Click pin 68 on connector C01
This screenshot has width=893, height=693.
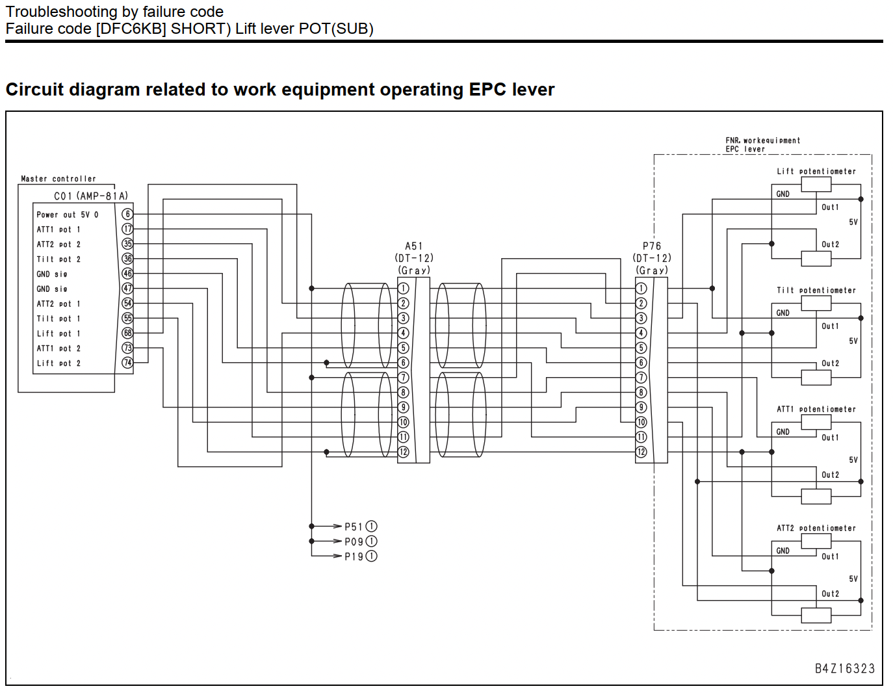pyautogui.click(x=127, y=333)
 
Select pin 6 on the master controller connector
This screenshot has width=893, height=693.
pyautogui.click(x=127, y=214)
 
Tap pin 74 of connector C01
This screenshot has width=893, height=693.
pyautogui.click(x=127, y=363)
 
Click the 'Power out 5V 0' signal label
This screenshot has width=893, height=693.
pyautogui.click(x=68, y=215)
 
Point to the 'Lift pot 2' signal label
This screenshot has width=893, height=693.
pyautogui.click(x=58, y=363)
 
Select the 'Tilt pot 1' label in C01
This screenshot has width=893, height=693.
pyautogui.click(x=58, y=319)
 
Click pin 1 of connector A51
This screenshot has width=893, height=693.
pyautogui.click(x=403, y=289)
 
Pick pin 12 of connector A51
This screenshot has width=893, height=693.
pyautogui.click(x=403, y=452)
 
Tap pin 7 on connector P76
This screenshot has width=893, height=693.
pyautogui.click(x=641, y=377)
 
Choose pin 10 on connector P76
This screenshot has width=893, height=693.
pyautogui.click(x=641, y=422)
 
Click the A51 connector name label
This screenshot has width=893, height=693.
pyautogui.click(x=414, y=246)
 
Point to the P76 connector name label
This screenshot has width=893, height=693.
pyautogui.click(x=652, y=246)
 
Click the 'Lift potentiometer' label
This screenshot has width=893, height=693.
pyautogui.click(x=816, y=172)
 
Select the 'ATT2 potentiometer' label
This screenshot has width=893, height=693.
pyautogui.click(x=816, y=528)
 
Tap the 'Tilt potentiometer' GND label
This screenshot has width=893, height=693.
pyautogui.click(x=783, y=313)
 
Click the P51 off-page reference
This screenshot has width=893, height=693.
pyautogui.click(x=361, y=527)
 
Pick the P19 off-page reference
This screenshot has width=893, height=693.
pyautogui.click(x=361, y=556)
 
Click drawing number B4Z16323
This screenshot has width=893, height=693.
pyautogui.click(x=845, y=669)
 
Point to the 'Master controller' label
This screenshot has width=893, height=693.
pyautogui.click(x=58, y=179)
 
